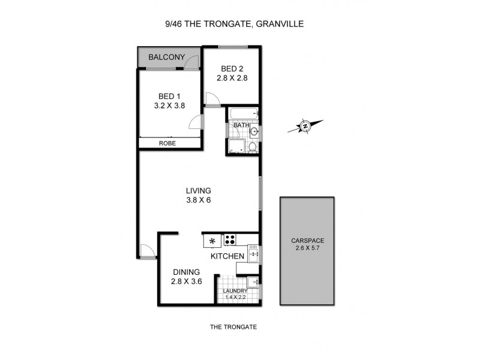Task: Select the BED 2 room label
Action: pos(232,68)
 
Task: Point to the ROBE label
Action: pos(167,143)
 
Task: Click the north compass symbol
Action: pos(305,126)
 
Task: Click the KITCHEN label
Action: pos(227,256)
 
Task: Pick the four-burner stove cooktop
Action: pos(230,240)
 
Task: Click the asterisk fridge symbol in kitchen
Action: pos(212,241)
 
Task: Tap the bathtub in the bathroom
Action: pos(242,113)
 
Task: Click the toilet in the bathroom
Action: pos(253,146)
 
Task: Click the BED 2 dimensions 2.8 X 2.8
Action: pos(232,77)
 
